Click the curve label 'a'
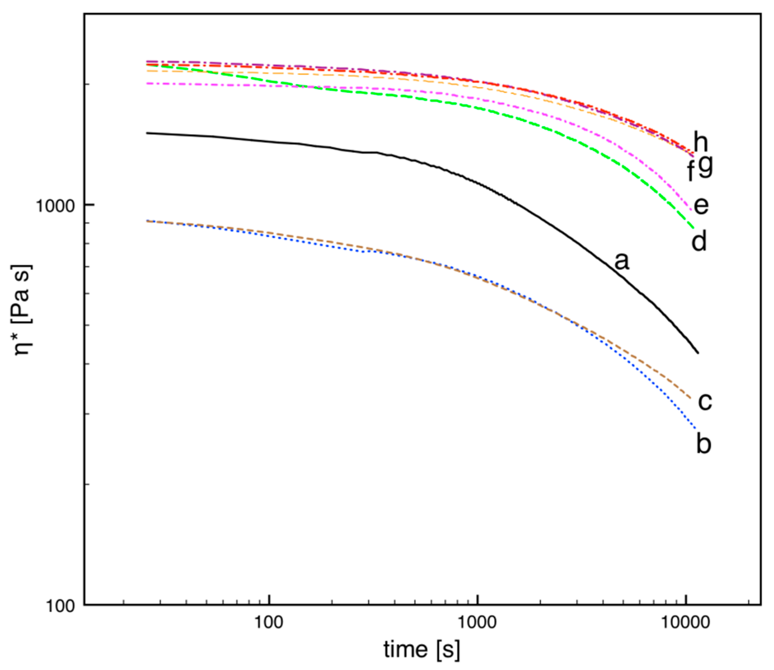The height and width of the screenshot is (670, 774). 622,261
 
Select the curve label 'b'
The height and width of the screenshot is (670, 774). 704,444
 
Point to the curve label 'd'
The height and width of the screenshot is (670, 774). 699,241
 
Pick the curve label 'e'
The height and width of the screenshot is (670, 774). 701,206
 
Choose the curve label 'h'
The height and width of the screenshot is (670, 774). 701,142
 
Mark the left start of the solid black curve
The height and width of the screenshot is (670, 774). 147,133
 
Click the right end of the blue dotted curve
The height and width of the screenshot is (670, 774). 695,428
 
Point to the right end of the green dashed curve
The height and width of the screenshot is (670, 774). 694,228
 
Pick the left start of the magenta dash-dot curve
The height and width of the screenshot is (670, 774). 147,84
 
